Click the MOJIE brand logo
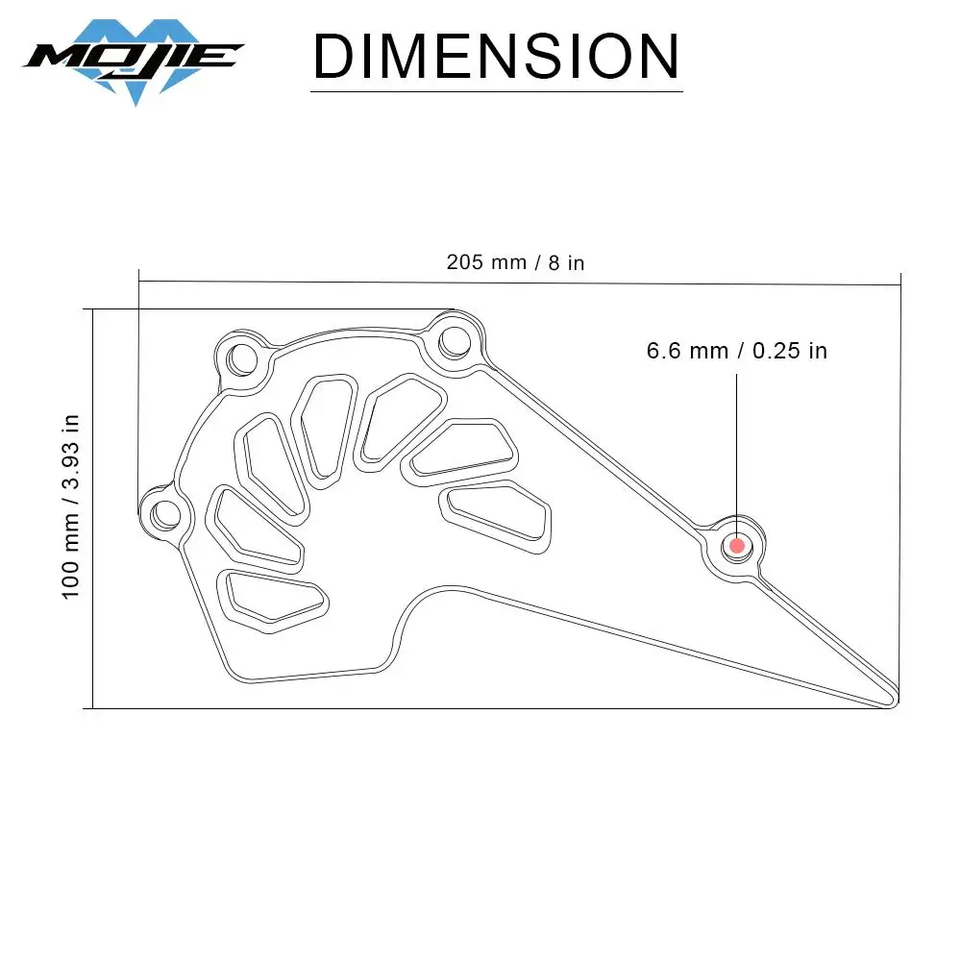click(134, 61)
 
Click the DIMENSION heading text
click(497, 57)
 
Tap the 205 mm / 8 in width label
click(515, 262)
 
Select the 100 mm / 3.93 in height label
click(71, 506)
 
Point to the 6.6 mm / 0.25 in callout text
click(737, 351)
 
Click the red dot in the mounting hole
click(737, 546)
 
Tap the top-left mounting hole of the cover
click(242, 358)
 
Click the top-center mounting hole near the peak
click(455, 342)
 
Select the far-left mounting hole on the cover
click(165, 514)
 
